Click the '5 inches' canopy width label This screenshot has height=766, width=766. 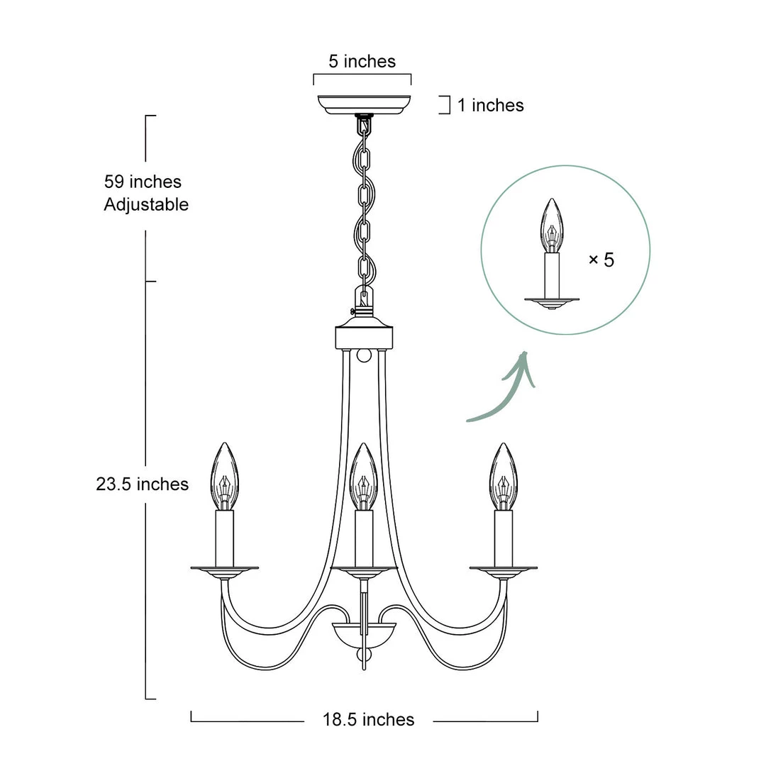pyautogui.click(x=362, y=62)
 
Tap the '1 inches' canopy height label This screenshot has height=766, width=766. pyautogui.click(x=491, y=105)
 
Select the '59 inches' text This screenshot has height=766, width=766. pyautogui.click(x=143, y=182)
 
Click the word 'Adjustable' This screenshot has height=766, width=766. pyautogui.click(x=146, y=204)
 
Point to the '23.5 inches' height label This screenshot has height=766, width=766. pyautogui.click(x=142, y=484)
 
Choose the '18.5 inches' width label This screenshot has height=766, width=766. pyautogui.click(x=368, y=720)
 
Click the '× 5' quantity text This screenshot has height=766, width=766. pyautogui.click(x=601, y=260)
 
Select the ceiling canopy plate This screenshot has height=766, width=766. pyautogui.click(x=364, y=104)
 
